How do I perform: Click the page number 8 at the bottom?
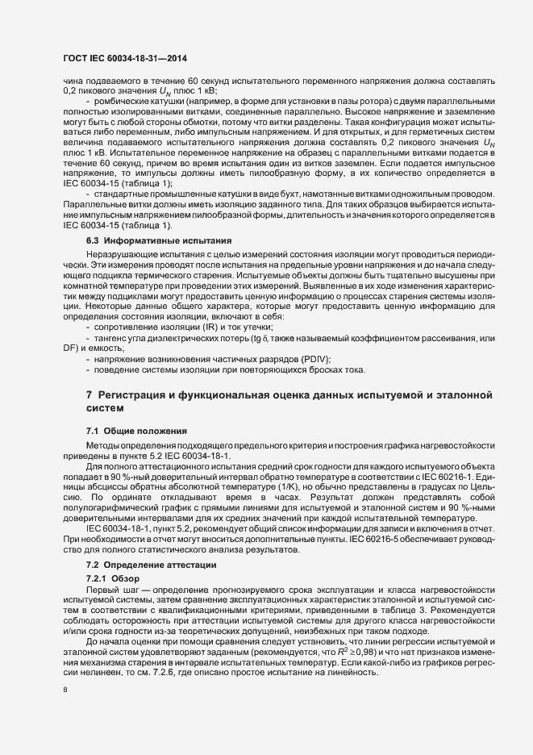[x=65, y=691]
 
